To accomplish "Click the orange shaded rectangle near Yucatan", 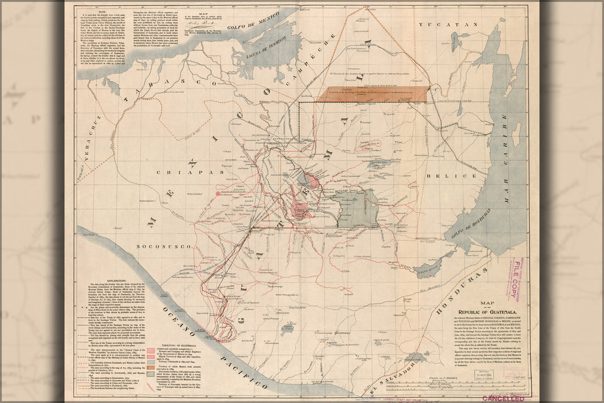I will [372, 94].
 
